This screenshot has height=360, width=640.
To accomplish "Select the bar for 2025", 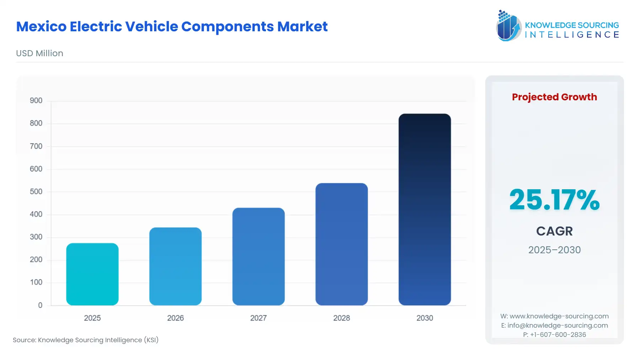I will pos(92,274).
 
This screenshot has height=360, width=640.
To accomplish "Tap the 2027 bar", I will pos(258,256).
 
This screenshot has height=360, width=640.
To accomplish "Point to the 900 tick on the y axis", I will pos(36,101).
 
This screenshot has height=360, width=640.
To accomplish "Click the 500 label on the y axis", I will pos(36,192).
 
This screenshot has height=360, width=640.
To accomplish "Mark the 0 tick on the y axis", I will pos(40,305).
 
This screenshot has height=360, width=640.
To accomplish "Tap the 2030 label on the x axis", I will pos(425,318).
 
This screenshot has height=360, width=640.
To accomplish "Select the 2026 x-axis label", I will pos(175,318).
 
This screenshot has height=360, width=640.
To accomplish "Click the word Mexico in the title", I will pos(41,27).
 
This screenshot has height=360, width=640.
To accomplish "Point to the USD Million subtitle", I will pos(39,53).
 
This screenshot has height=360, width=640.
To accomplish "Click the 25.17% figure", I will pos(554,200).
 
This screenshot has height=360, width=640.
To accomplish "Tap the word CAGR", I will pos(554,231).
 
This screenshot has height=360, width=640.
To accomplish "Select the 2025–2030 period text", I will pos(554,250).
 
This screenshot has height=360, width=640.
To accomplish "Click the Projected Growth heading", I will pos(554,97).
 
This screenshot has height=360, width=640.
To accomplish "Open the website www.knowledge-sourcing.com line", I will pos(554,316).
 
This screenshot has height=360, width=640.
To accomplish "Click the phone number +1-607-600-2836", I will pos(558,335).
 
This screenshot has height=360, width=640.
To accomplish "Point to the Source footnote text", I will pos(85,340).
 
